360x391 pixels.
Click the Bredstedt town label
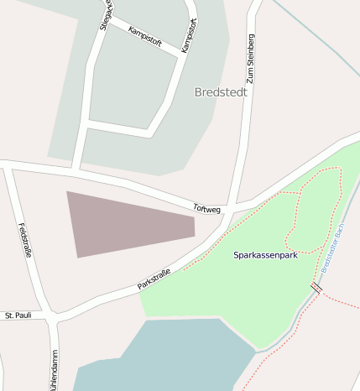(221, 92)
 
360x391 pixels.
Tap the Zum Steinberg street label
(249, 60)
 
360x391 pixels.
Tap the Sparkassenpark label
(265, 254)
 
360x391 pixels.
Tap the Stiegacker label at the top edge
(105, 14)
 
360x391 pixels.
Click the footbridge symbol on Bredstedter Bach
(316, 287)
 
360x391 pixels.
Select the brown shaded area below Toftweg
(126, 223)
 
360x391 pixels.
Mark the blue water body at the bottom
(168, 357)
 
